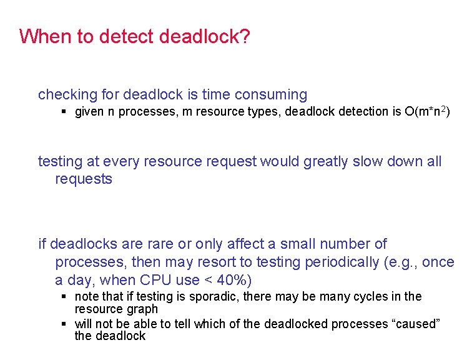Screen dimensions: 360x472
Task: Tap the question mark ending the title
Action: (x=245, y=36)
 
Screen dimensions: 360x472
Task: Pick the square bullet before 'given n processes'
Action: (x=64, y=112)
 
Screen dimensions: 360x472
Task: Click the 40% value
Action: (x=234, y=280)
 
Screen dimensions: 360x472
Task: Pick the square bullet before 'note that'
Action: (x=64, y=296)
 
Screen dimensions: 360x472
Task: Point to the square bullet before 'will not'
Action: (x=64, y=324)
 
